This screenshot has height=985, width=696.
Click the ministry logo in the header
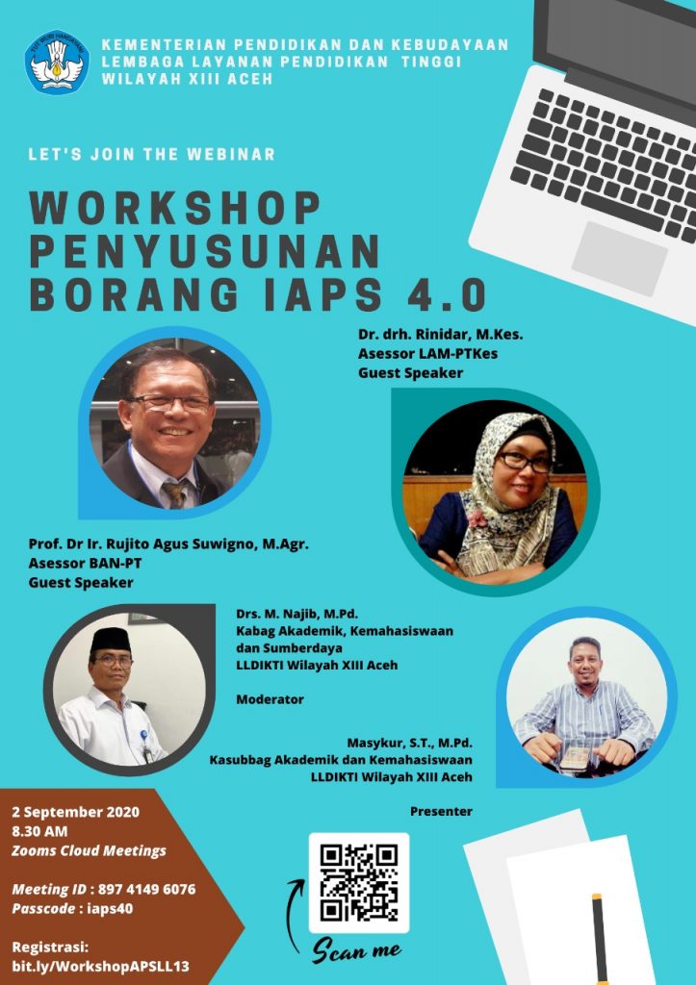pyautogui.click(x=57, y=63)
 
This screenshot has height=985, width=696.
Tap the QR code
pyautogui.click(x=359, y=883)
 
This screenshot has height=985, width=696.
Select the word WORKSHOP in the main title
pyautogui.click(x=175, y=208)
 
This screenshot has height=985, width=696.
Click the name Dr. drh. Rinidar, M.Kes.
pyautogui.click(x=440, y=334)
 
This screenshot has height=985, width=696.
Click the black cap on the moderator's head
pyautogui.click(x=111, y=640)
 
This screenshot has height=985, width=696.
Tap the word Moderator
pyautogui.click(x=270, y=699)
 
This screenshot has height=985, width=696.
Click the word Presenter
pyautogui.click(x=441, y=812)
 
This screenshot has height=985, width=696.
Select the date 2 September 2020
pyautogui.click(x=75, y=812)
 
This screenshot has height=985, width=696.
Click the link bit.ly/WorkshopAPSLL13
pyautogui.click(x=100, y=966)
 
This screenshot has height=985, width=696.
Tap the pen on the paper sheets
pyautogui.click(x=599, y=939)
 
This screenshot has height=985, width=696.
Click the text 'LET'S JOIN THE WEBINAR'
pyautogui.click(x=151, y=155)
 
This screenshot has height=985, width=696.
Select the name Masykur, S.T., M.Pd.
pyautogui.click(x=410, y=744)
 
